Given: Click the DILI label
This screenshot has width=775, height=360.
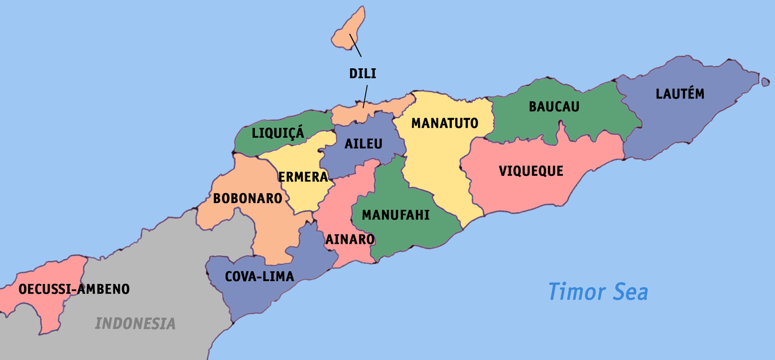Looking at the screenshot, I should pyautogui.click(x=363, y=74).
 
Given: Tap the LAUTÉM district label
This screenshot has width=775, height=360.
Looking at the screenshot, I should pyautogui.click(x=680, y=94).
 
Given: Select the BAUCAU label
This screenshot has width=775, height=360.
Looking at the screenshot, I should pyautogui.click(x=554, y=107).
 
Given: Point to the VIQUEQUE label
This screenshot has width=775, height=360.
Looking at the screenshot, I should pyautogui.click(x=531, y=171).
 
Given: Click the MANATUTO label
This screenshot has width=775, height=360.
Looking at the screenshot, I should pyautogui.click(x=445, y=124).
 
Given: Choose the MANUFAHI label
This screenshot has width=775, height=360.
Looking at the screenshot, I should pyautogui.click(x=396, y=215).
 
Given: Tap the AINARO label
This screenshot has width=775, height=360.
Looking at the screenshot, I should pyautogui.click(x=350, y=239).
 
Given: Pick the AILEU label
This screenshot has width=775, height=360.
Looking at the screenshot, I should pyautogui.click(x=363, y=144).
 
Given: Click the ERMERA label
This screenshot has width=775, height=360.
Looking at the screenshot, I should pyautogui.click(x=303, y=177).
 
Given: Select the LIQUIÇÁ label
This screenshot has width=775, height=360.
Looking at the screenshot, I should pyautogui.click(x=278, y=133).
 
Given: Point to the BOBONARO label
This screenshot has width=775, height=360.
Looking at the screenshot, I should pyautogui.click(x=248, y=198).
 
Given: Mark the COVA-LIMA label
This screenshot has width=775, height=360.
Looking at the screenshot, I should pyautogui.click(x=259, y=277).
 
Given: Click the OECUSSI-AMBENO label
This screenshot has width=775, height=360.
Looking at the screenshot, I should pyautogui.click(x=74, y=289).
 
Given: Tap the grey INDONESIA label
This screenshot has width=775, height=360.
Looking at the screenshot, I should pyautogui.click(x=135, y=324).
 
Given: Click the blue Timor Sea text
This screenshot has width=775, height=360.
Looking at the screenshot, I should pyautogui.click(x=598, y=292).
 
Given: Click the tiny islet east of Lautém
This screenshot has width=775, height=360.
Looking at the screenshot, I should pyautogui.click(x=765, y=81).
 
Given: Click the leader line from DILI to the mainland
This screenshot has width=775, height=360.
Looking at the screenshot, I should pyautogui.click(x=365, y=95).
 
